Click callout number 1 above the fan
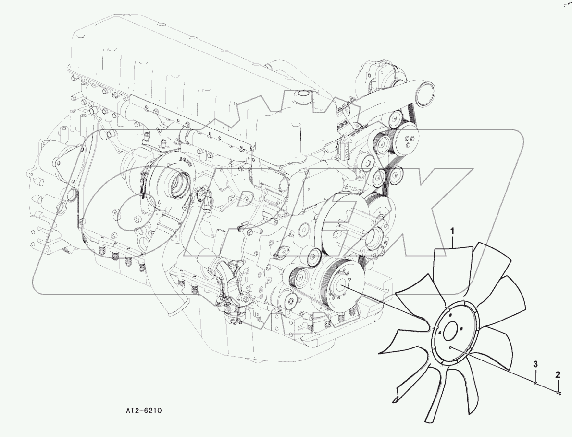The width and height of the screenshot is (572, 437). (452, 231)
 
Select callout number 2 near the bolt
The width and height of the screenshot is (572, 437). (558, 374)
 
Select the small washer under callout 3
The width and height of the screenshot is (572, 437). (535, 384)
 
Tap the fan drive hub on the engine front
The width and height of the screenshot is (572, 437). (344, 287)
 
